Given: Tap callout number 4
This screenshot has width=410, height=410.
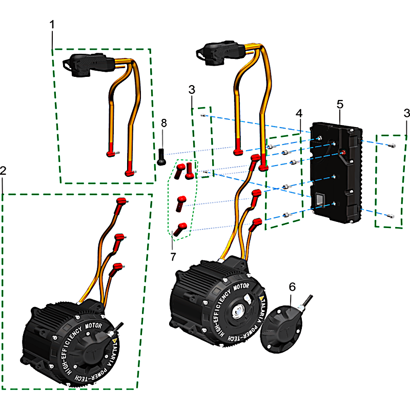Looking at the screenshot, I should [x=298, y=112].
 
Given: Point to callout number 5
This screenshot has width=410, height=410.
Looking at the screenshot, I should [x=340, y=104].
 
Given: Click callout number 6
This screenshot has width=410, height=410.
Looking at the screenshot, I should [x=292, y=287].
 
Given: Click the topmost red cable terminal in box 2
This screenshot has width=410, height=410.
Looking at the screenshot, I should [x=122, y=200].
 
